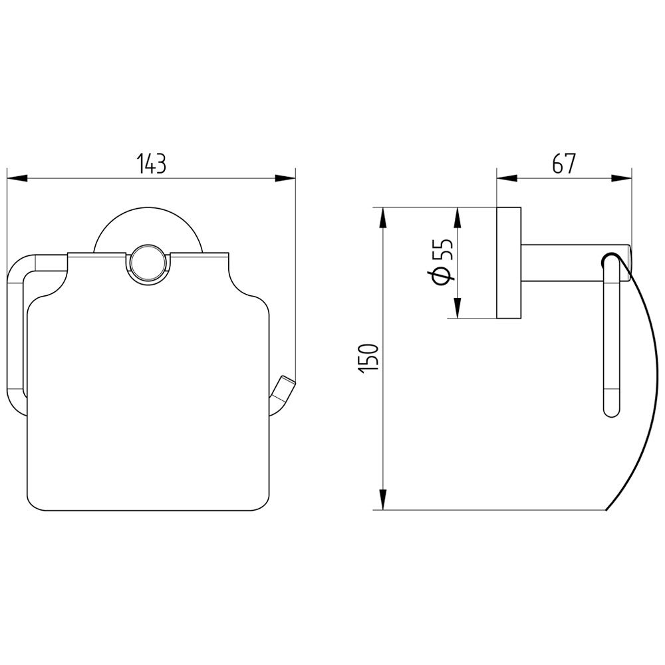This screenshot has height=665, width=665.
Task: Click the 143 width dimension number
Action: coord(152,164)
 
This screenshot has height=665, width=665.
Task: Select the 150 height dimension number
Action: coord(368,358)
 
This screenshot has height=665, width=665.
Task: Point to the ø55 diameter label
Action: coord(443,262)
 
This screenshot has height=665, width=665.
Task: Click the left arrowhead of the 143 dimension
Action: coord(17,178)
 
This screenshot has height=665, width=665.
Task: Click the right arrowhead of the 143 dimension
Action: coord(285,178)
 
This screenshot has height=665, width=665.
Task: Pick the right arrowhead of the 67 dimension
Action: coord(622,178)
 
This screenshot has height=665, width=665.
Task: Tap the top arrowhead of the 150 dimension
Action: coord(383,217)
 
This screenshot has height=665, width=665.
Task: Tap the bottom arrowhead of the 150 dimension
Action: coord(383,499)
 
